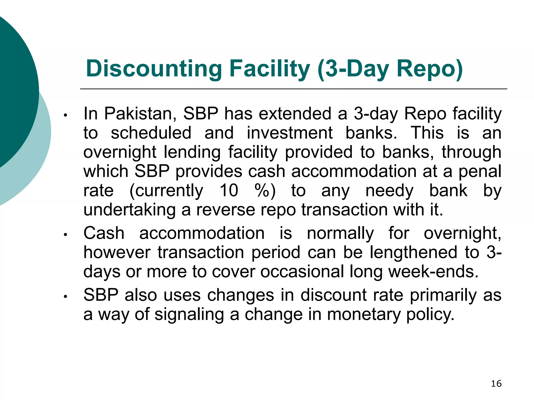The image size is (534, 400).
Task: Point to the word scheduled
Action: click(151, 133)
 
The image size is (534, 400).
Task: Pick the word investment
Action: click(290, 133)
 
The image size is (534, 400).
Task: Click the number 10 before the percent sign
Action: click(229, 190)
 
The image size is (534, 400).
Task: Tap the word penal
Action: click(480, 171)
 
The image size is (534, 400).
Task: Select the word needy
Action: click(389, 191)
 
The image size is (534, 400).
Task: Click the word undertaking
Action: click(129, 210)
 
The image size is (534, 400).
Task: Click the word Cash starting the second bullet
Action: click(104, 233)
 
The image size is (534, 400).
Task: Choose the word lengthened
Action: click(414, 252)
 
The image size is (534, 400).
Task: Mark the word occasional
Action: click(302, 272)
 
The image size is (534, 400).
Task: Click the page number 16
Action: click(496, 384)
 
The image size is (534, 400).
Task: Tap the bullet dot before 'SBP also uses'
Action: click(66, 297)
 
